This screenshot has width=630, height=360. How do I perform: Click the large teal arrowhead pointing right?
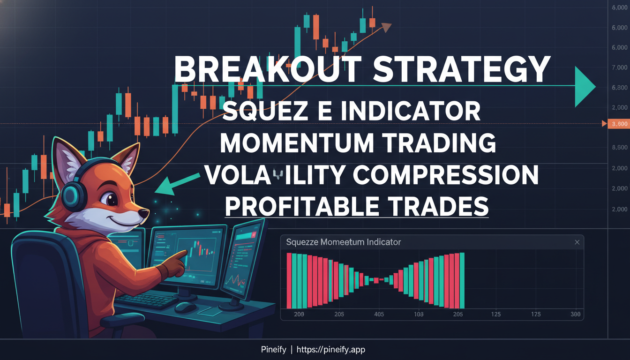tap(584, 86)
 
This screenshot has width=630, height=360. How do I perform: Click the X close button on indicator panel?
tap(577, 242)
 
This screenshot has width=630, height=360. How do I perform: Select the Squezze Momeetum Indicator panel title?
tap(343, 242)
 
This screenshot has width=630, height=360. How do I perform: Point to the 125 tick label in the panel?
tap(495, 315)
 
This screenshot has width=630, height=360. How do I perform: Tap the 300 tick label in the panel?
tap(576, 315)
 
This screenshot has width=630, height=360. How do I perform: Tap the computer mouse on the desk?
tap(185, 307)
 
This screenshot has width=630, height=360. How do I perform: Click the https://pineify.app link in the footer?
tap(331, 350)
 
